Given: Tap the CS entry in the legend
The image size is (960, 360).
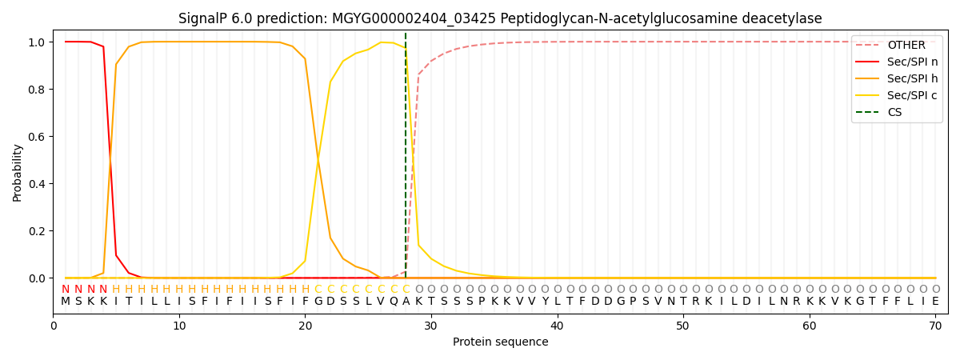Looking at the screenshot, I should click(894, 112).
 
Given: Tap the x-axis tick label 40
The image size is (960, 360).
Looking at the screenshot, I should click(557, 326).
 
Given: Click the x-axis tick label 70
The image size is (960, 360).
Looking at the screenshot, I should click(935, 326).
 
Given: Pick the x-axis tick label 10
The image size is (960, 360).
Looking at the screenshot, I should click(179, 326).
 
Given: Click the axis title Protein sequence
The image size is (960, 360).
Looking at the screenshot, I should click(501, 342).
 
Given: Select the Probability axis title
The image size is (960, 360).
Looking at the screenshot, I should click(17, 172).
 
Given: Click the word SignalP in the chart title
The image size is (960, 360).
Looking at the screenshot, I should click(204, 18).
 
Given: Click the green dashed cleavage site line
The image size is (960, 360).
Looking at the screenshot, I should click(406, 160).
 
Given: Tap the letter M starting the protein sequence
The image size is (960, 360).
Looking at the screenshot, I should click(66, 302).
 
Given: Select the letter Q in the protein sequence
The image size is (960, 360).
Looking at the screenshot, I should click(393, 302).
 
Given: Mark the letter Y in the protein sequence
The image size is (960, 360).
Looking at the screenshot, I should click(545, 302).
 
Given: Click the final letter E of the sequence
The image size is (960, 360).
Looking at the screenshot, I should click(935, 302).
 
